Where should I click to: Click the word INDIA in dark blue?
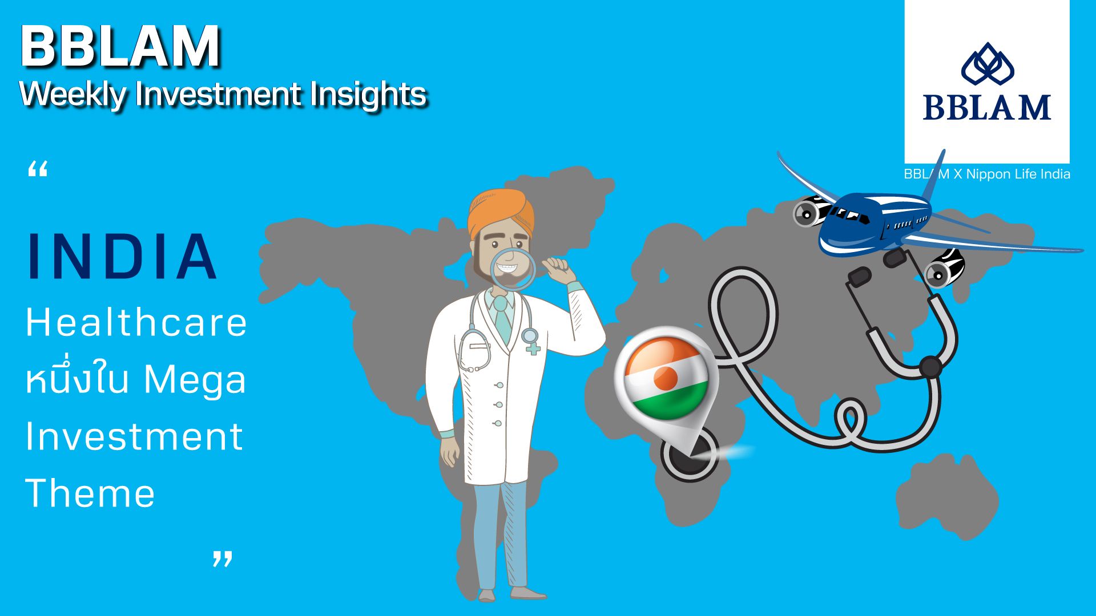[122, 256]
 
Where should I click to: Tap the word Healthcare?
[136, 322]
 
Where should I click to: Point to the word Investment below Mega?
[134, 436]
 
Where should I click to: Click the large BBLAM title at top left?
[120, 46]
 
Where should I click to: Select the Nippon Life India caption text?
[1018, 174]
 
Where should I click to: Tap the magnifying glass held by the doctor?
[513, 269]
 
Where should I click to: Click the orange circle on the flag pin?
[666, 378]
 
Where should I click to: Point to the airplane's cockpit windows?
[845, 213]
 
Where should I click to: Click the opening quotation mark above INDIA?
[38, 169]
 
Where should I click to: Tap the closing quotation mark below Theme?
[223, 558]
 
